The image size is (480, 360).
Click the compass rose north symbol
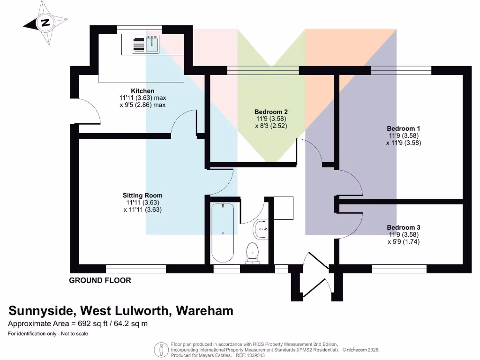[45, 22]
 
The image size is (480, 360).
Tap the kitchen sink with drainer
[146, 44]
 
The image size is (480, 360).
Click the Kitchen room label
[142, 91]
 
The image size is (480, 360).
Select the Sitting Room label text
[142, 195]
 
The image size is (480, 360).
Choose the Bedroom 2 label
[271, 112]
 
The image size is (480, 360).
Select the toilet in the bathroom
[254, 251]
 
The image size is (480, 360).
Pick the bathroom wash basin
[261, 230]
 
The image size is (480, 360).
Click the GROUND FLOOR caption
[100, 281]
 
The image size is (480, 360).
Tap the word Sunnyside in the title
[41, 311]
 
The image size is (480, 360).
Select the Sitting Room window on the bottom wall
[136, 269]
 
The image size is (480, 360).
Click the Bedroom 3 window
[399, 269]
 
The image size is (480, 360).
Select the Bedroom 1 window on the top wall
[401, 70]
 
